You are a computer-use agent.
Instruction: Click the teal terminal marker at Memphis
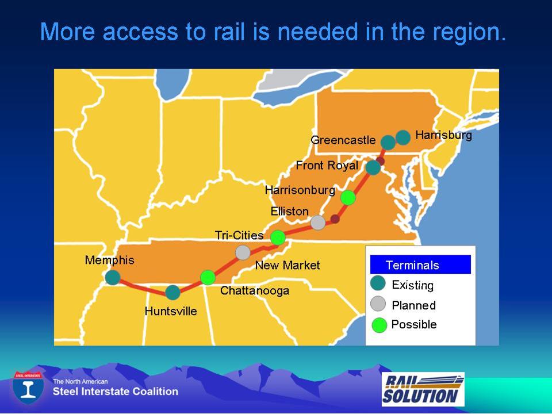113,277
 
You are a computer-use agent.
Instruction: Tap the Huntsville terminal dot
173,293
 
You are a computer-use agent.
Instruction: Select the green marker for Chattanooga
208,277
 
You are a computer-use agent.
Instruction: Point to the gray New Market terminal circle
243,252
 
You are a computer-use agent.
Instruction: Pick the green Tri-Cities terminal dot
278,237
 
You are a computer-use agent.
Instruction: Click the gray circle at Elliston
318,223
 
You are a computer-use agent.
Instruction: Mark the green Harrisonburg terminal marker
348,197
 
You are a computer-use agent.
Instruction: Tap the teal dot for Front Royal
373,167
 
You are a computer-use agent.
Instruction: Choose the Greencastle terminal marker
388,142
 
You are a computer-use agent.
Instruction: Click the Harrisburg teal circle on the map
403,137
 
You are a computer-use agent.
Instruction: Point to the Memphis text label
109,260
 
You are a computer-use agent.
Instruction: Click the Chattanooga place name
255,290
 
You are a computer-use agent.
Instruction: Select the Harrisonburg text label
300,190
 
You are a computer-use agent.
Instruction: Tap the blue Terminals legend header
420,264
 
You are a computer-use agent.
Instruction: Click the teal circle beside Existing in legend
378,283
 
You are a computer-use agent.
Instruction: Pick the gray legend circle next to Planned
378,304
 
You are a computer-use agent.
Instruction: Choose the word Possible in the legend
414,324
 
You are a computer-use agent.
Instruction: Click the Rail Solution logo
423,389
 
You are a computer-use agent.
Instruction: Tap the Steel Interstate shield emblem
28,387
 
